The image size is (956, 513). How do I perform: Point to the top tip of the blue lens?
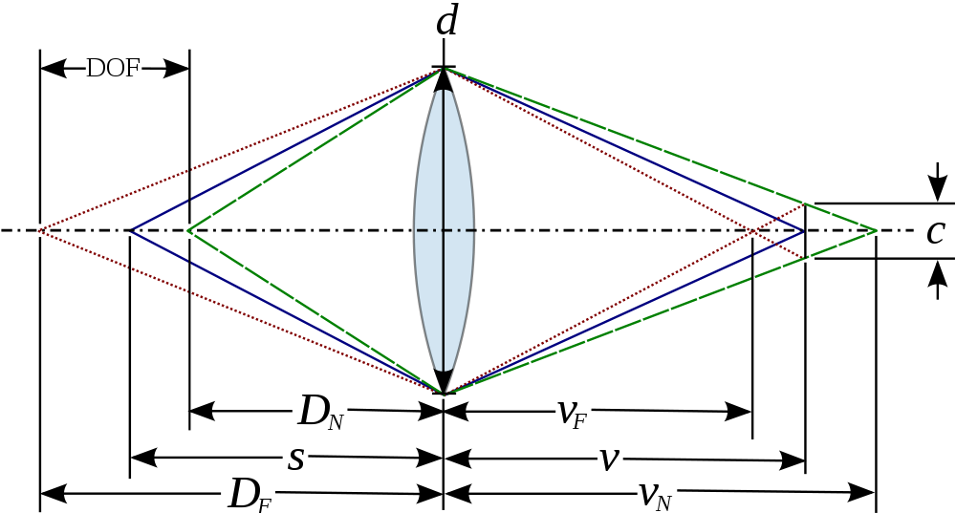coord(444,92)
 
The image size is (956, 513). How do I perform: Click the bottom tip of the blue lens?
coord(444,369)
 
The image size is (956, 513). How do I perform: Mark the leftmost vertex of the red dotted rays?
coord(39,230)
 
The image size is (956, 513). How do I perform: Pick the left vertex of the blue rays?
coord(132,230)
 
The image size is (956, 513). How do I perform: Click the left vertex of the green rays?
coord(188,230)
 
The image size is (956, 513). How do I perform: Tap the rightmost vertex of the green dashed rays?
coord(876,230)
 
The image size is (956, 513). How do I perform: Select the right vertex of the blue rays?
coord(803,230)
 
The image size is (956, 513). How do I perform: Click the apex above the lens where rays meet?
coord(445,69)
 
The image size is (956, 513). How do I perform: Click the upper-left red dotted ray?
coord(239,150)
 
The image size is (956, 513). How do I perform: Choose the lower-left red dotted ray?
coord(239,310)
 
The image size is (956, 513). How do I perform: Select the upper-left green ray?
coord(315,150)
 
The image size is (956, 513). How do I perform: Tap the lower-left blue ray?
coord(287,311)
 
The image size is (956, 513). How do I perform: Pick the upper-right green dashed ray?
coord(660,149)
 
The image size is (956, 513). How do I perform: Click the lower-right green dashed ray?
coord(660,312)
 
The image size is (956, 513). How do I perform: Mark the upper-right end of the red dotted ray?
coord(804,203)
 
